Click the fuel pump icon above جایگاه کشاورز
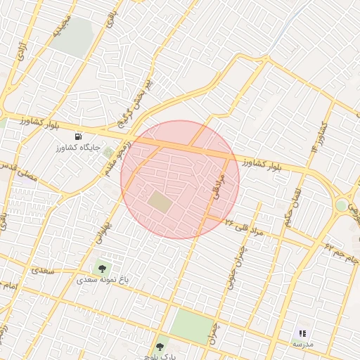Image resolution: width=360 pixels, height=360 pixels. [x=77, y=136]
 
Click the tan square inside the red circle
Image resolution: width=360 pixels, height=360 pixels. [x=160, y=202]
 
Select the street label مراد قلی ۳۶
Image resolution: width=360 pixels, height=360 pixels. [x=244, y=226]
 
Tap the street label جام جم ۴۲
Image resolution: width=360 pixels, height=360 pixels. [x=340, y=252]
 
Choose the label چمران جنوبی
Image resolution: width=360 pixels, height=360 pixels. [x=233, y=267]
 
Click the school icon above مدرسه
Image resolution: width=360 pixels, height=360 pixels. [x=302, y=333]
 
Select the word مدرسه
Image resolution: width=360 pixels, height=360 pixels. [x=302, y=344]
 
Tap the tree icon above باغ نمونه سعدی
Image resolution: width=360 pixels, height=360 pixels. [x=103, y=268]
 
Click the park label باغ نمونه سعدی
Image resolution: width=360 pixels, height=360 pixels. [x=103, y=280]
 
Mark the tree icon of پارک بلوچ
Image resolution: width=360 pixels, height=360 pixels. [x=160, y=347]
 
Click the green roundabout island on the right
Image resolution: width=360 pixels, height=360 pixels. [x=342, y=205]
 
